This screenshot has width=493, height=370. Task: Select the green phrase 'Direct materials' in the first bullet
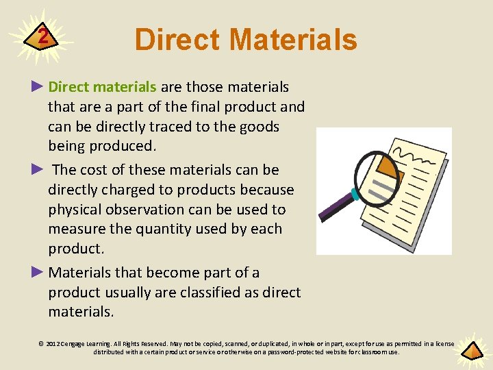tap(103, 87)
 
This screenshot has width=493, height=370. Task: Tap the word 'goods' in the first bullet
tap(257, 127)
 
